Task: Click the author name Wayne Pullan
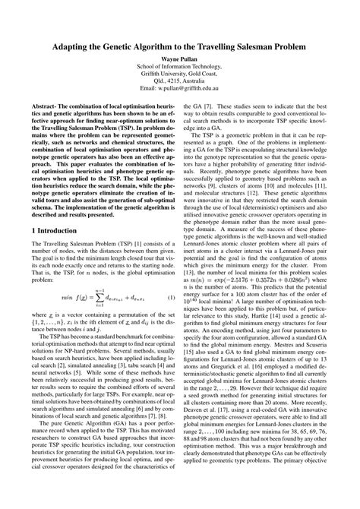pyautogui.click(x=180, y=57)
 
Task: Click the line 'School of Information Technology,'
pyautogui.click(x=180, y=67)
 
